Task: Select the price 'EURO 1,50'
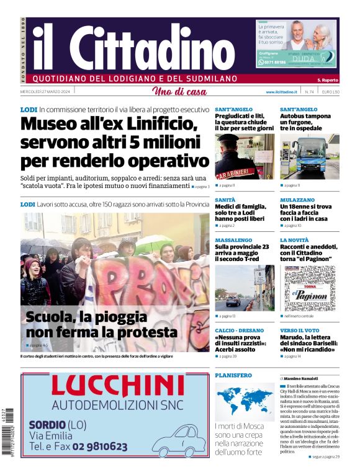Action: pos(331,92)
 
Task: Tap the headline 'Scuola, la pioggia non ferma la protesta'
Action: pos(102,324)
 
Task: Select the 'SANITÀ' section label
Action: pos(225,200)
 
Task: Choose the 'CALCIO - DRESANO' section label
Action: pos(239,331)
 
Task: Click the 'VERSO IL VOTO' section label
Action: pos(300,331)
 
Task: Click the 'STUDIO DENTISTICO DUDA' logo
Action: pos(317,56)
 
